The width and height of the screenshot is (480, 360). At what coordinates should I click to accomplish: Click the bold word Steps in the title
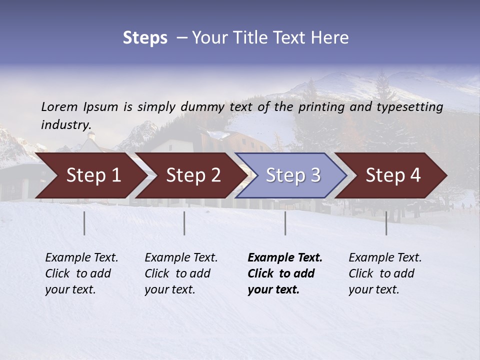pos(145,38)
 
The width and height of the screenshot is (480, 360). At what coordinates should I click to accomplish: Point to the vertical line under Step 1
pos(84,223)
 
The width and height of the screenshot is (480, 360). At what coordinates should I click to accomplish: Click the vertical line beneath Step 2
pos(184,223)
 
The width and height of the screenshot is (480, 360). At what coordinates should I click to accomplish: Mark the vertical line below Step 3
pos(285,223)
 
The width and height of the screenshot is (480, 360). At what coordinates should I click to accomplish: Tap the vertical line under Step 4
pos(386,223)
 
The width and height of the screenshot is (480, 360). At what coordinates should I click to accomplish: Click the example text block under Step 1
pos(81,273)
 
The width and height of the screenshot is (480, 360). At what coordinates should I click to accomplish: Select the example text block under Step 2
pos(181,273)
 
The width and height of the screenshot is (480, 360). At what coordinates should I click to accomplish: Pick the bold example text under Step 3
pos(285,273)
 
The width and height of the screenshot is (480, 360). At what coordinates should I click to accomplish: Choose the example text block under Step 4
pos(385,273)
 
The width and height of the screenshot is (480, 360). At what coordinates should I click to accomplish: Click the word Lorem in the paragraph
pos(59,107)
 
